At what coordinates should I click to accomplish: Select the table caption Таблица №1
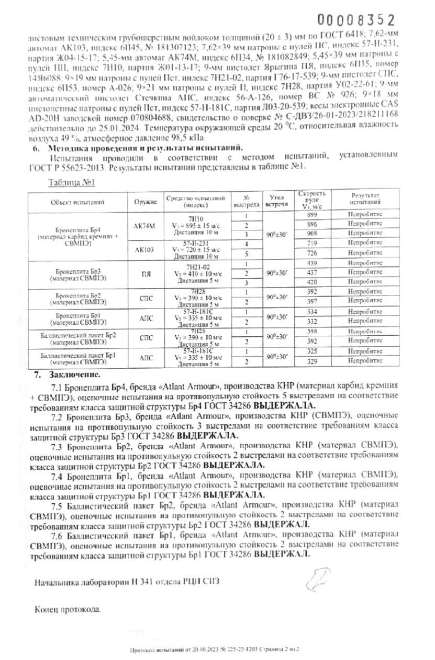[70, 183]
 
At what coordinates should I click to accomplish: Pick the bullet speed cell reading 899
[313, 216]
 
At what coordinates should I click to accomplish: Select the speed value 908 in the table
[313, 233]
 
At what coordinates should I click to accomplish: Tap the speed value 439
[313, 263]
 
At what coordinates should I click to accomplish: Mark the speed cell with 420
[313, 282]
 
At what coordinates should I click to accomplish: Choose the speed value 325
[313, 351]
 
